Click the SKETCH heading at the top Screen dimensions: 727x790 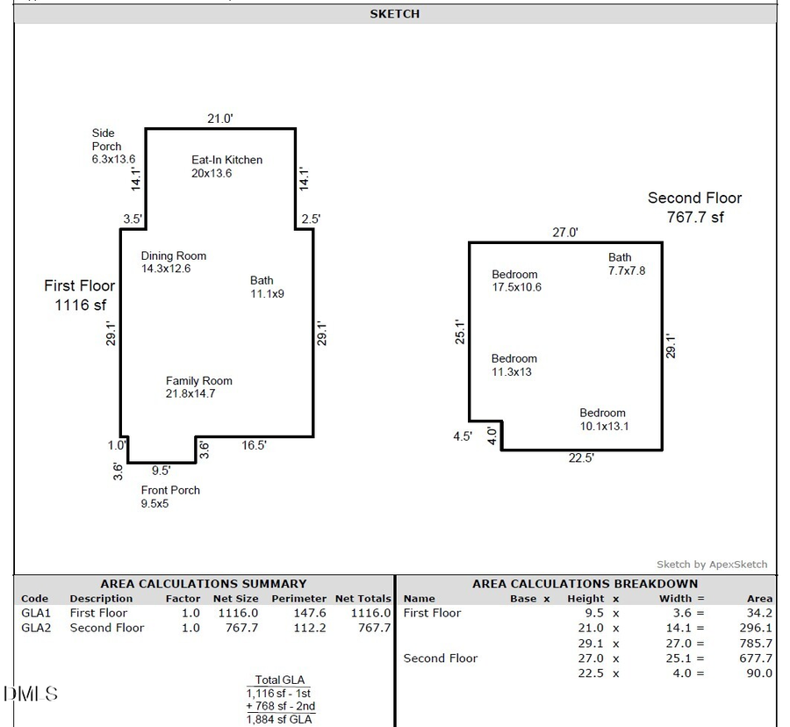tap(394, 14)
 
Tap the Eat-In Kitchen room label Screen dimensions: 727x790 tap(226, 166)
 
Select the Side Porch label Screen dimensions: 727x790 tap(112, 147)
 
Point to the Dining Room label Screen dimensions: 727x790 tap(174, 263)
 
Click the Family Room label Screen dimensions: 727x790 tap(198, 387)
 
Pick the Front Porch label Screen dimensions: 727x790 tap(170, 497)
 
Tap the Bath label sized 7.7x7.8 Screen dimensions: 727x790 tap(627, 264)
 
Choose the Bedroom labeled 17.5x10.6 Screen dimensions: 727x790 tap(516, 281)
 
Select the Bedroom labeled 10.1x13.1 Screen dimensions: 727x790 tap(603, 420)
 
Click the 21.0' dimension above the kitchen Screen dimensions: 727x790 tap(219, 119)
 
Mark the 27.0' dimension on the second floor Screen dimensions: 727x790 tap(564, 233)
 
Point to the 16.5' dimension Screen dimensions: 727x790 tap(254, 446)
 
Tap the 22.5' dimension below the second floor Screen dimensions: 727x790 tap(580, 458)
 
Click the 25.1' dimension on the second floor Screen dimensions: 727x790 tap(457, 332)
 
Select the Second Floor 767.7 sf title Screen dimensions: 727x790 tap(694, 208)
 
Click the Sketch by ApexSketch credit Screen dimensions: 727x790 tap(711, 565)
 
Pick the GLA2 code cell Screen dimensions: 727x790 tap(35, 628)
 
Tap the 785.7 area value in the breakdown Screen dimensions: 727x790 tap(756, 644)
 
